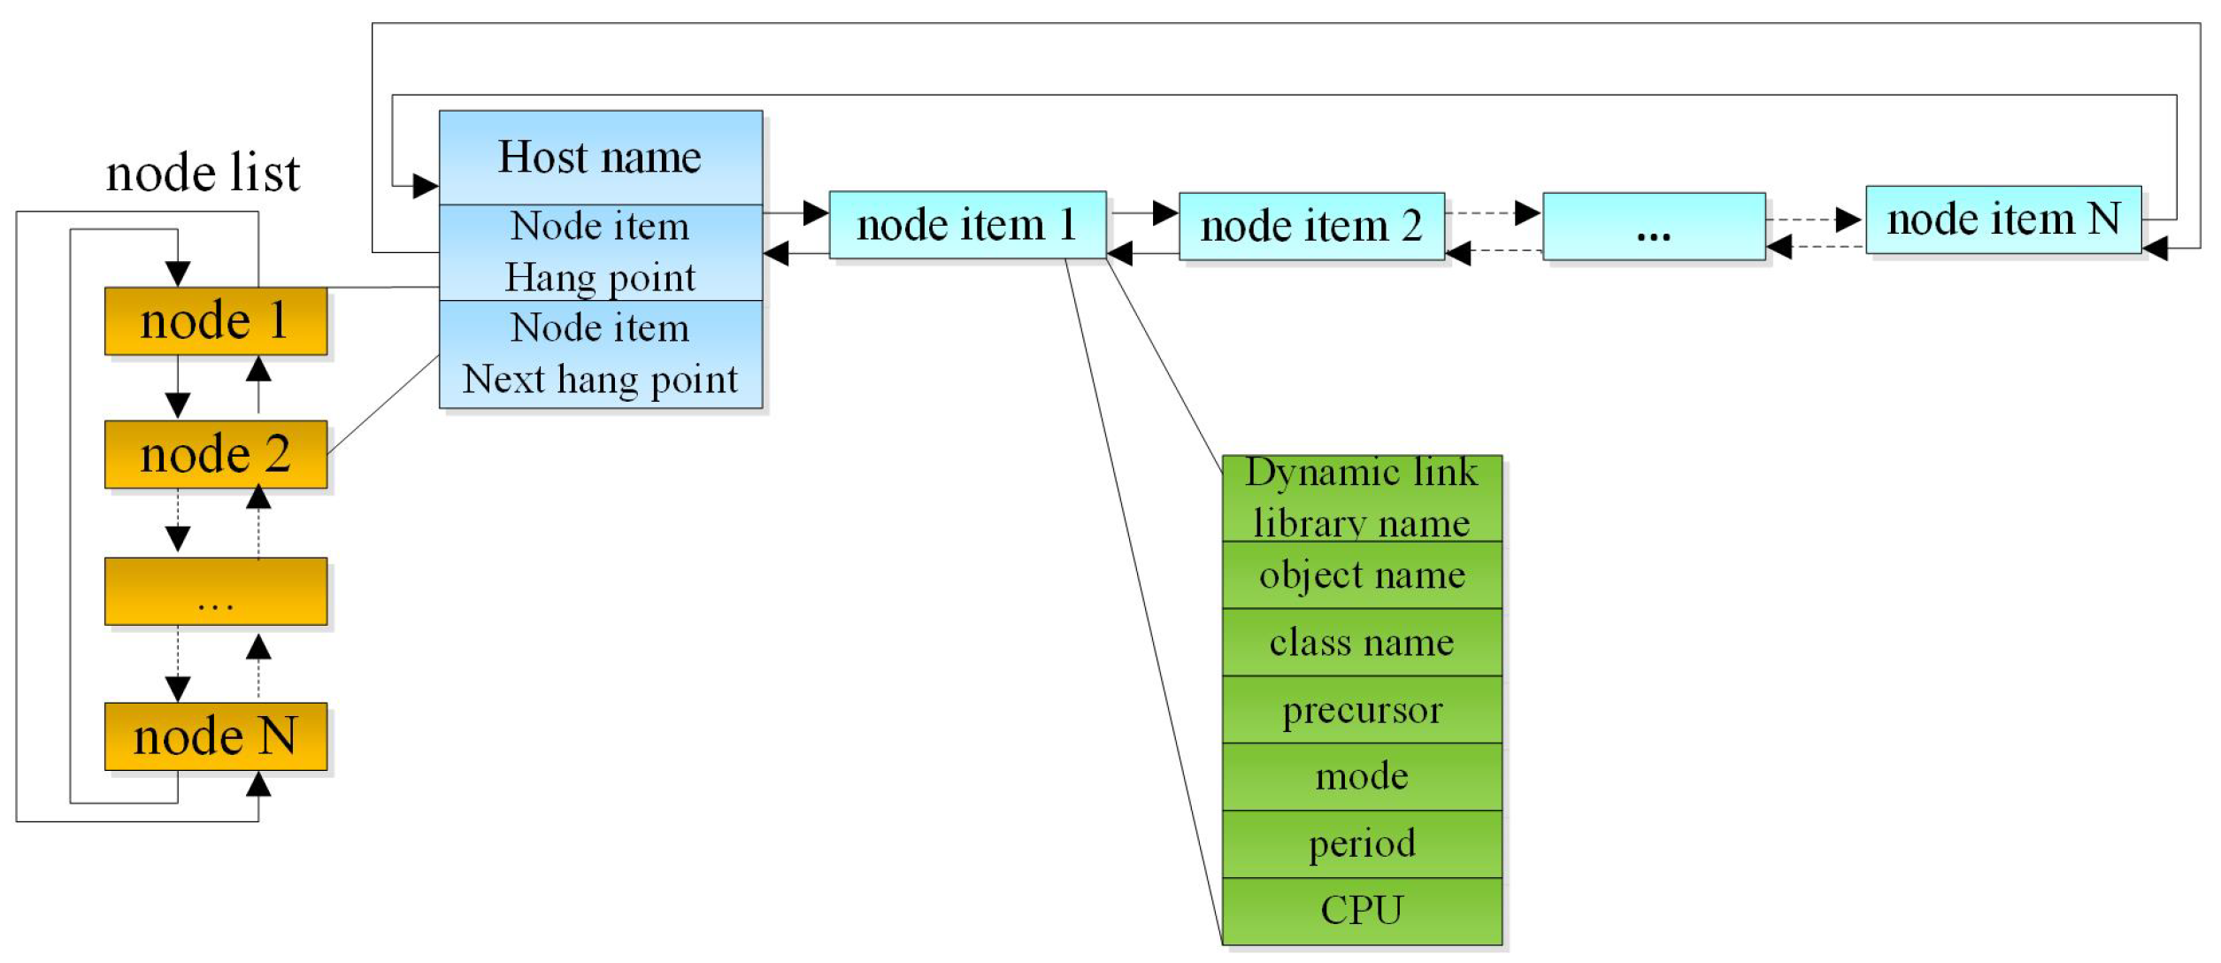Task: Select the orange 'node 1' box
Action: pos(216,320)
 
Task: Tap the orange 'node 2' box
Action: pos(216,454)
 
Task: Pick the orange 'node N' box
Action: pos(216,736)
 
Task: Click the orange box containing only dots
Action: pos(216,591)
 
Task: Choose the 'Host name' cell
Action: pos(601,158)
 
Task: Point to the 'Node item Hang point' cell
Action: pos(601,252)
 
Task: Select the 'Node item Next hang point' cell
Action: pos(601,354)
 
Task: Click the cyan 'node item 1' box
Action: pos(967,225)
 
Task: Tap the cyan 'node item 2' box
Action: pos(1311,227)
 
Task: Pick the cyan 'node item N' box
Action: pos(2003,220)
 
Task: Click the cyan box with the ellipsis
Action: pos(1654,227)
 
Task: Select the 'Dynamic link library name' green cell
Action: pos(1362,498)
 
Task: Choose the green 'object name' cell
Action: pos(1362,575)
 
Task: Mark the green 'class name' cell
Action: pos(1362,643)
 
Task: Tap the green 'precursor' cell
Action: pos(1362,710)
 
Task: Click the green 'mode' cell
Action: pos(1362,777)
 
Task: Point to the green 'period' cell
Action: pos(1362,844)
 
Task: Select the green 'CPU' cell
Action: pos(1362,912)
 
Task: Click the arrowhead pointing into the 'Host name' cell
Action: pos(426,186)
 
